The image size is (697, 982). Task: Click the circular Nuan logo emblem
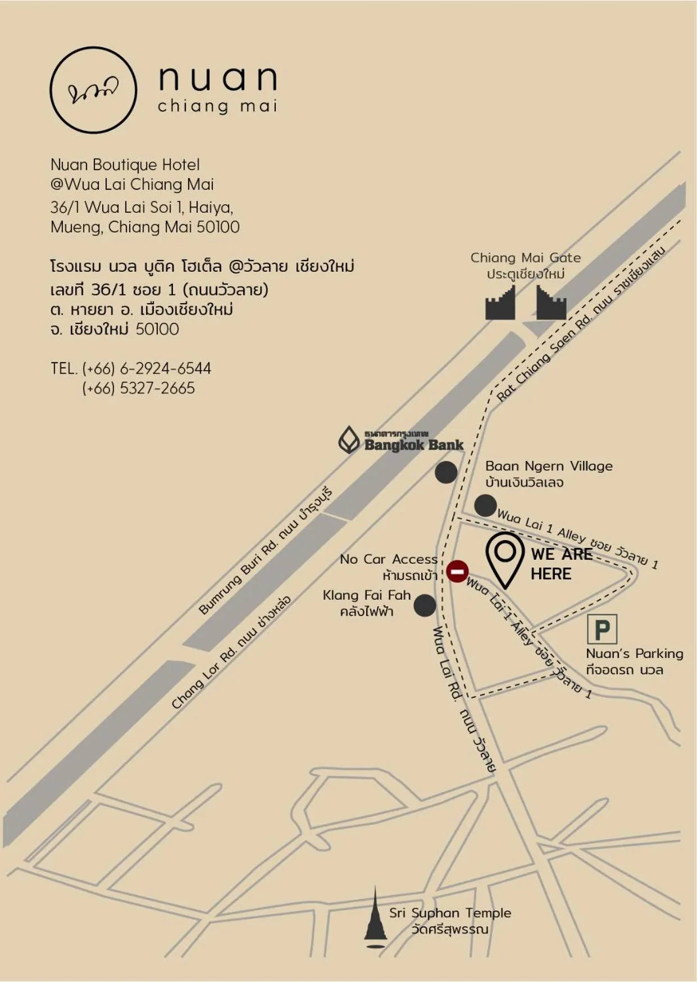pos(93,90)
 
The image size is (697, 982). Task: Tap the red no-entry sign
pos(457,572)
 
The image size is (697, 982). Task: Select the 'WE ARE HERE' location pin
pos(505,559)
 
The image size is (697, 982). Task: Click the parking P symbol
pos(602,629)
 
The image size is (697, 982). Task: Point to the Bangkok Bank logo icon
pos(349,440)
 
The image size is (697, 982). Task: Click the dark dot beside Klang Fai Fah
pos(425,605)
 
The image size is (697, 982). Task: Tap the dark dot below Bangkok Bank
pos(446,472)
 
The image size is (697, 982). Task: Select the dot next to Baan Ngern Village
pos(485,505)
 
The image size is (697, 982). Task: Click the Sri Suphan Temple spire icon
pos(375,916)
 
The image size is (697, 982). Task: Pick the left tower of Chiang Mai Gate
pos(500,304)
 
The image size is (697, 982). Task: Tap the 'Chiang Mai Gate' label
pos(525,258)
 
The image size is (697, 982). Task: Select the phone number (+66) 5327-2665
pos(138,388)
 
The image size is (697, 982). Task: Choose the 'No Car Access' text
pos(388,559)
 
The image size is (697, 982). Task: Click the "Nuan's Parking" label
pos(634,654)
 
